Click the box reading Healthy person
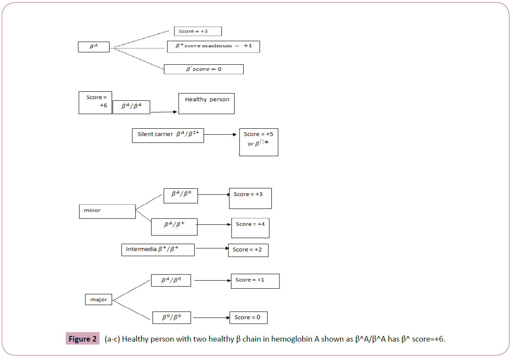[206, 103]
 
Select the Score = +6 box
[95, 103]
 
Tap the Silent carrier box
[168, 135]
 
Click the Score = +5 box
[258, 142]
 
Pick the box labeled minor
[107, 211]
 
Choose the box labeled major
[99, 299]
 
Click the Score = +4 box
[250, 228]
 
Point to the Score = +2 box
[248, 250]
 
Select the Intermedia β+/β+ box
[158, 249]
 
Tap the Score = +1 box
[255, 281]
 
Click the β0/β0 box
[172, 318]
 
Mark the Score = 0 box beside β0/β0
[248, 318]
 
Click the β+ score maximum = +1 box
[213, 46]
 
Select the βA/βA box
[131, 107]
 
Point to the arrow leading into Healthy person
[164, 112]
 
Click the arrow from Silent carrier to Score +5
[220, 135]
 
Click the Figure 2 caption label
[83, 339]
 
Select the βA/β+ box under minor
[174, 227]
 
